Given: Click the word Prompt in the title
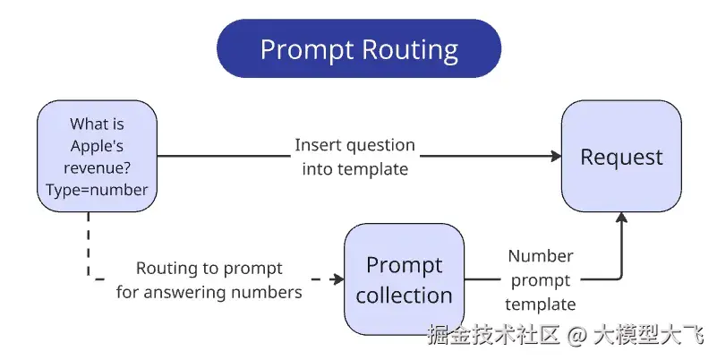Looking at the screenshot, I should [304, 48].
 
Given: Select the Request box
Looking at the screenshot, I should [621, 157].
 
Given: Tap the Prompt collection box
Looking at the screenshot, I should [404, 279].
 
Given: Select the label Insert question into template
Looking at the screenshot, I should [355, 156].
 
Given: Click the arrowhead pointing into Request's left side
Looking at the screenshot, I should [556, 156].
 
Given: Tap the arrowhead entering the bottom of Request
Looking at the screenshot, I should [621, 219].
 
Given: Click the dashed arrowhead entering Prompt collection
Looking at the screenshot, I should [338, 279].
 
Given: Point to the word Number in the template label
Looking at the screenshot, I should [540, 256].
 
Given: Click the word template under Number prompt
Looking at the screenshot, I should [540, 304].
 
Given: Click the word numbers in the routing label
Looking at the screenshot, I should [271, 291].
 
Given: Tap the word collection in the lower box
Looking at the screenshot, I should [404, 295].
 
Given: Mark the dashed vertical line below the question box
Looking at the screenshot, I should [89, 242].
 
